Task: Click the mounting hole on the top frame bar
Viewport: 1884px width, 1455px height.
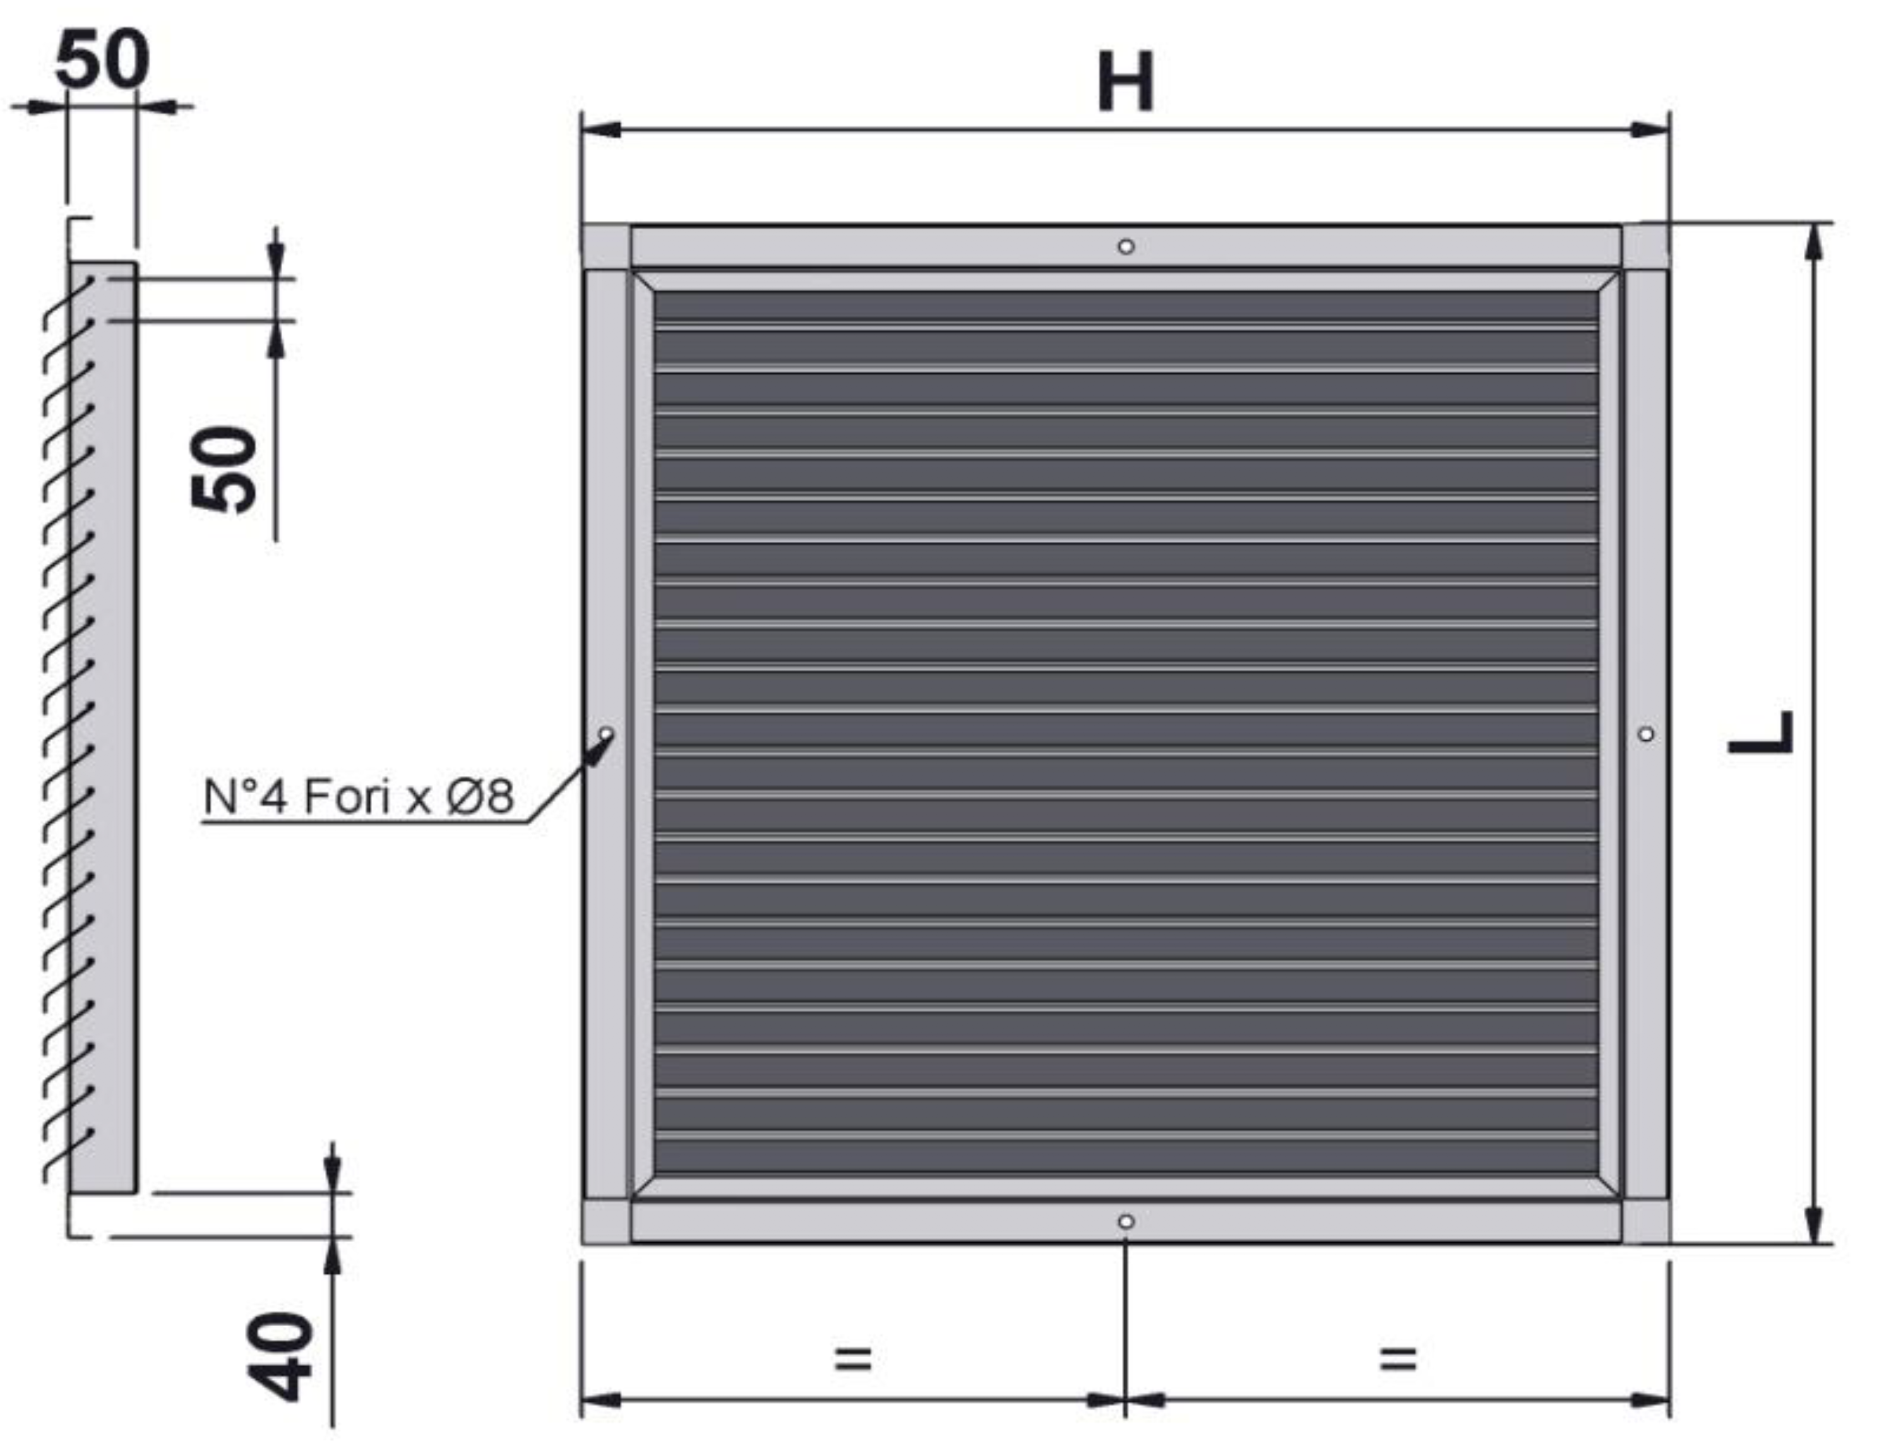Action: click(1126, 247)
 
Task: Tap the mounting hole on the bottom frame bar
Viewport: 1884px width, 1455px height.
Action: click(1126, 1222)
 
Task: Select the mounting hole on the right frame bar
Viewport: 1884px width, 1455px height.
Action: click(1646, 734)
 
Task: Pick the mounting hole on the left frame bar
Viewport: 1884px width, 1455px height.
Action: click(607, 734)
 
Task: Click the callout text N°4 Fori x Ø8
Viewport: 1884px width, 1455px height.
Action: click(359, 796)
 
